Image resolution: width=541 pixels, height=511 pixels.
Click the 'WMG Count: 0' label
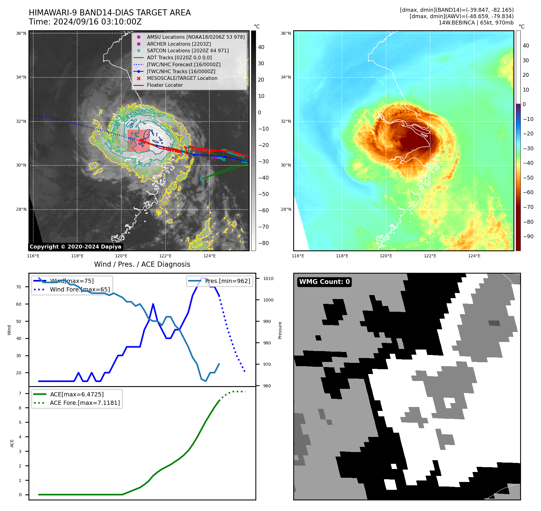point(324,282)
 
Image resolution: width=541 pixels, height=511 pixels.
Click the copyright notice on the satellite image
point(75,247)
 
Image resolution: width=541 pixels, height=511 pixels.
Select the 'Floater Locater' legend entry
point(165,85)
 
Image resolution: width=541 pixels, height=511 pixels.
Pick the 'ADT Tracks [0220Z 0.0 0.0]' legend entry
point(179,58)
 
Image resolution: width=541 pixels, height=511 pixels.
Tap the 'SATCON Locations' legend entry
point(188,51)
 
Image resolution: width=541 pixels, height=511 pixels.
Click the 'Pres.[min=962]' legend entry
point(227,281)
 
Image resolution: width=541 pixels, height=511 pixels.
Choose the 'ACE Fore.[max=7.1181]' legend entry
point(85,403)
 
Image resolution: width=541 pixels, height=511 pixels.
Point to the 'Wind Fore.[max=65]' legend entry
point(80,290)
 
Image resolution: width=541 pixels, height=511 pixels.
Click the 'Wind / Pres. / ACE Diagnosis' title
point(142,265)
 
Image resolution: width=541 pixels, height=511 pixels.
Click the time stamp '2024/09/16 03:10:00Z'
point(97,22)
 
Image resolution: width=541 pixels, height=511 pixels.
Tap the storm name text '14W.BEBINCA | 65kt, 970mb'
point(476,23)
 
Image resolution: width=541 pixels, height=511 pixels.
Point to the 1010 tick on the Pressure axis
point(268,279)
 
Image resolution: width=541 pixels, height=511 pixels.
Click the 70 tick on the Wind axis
point(19,287)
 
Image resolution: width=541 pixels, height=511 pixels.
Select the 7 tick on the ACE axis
point(20,394)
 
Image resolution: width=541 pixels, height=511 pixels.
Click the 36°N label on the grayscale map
point(21,34)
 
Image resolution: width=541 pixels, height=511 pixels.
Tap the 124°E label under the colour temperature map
point(474,256)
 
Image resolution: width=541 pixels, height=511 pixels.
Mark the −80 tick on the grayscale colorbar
point(263,243)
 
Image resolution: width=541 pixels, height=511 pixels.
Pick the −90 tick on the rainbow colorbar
point(528,236)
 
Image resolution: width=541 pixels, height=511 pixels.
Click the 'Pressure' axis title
point(280,330)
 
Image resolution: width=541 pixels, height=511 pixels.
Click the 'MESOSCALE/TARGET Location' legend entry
point(182,78)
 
